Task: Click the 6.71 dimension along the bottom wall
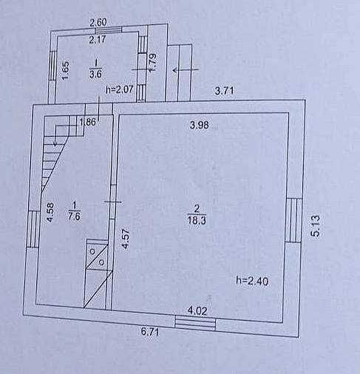(150, 331)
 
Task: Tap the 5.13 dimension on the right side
(316, 226)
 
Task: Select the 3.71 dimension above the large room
(224, 91)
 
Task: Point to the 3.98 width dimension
(200, 125)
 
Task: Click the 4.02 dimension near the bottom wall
(197, 311)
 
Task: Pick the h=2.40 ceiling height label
(252, 281)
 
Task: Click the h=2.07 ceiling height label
(120, 89)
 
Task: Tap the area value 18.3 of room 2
(197, 220)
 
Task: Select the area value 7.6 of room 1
(75, 217)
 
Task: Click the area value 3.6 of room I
(95, 74)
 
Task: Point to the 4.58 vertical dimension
(50, 212)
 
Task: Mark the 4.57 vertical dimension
(125, 239)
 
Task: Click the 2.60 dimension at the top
(98, 23)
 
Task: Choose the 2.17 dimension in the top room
(98, 39)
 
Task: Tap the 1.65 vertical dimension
(65, 70)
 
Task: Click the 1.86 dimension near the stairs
(88, 122)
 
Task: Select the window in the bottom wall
(195, 323)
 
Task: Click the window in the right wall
(293, 220)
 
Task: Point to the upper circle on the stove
(92, 251)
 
